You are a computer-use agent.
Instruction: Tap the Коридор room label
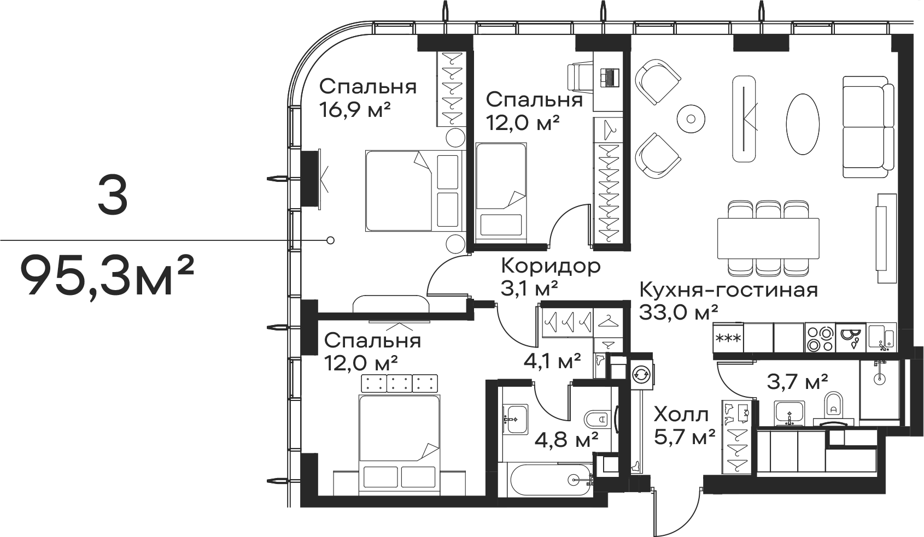[551, 266]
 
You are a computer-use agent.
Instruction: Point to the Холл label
[681, 415]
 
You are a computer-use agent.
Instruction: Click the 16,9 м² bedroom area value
[355, 110]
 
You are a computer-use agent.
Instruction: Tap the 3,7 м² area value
[797, 382]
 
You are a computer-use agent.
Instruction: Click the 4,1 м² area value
[552, 362]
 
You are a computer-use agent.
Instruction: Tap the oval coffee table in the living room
[802, 124]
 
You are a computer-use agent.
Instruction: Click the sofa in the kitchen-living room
[868, 127]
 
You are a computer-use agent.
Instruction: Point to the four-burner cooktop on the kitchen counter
[820, 338]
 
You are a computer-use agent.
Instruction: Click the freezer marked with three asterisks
[728, 338]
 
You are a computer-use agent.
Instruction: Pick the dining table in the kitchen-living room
[768, 238]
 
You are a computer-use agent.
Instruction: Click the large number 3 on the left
[113, 194]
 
